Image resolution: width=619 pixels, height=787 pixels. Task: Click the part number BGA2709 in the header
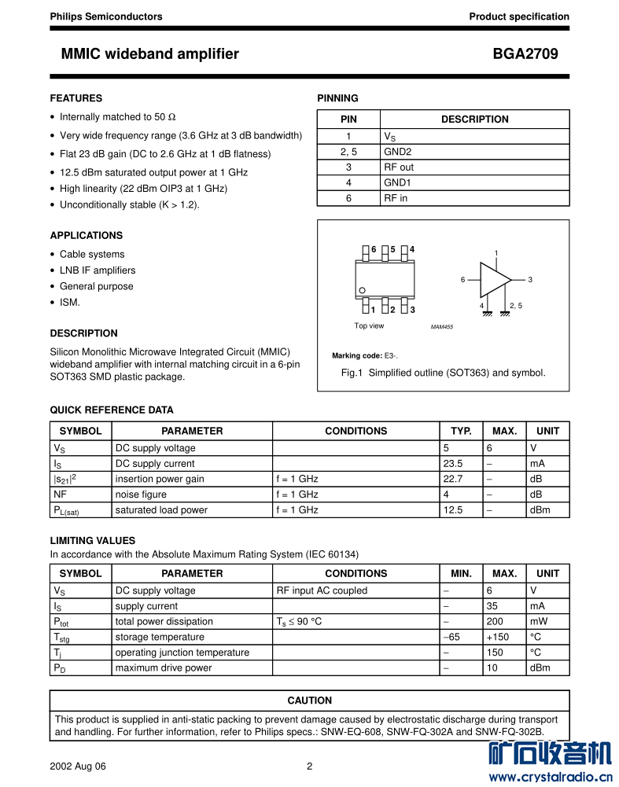point(525,54)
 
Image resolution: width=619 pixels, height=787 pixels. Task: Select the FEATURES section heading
point(76,98)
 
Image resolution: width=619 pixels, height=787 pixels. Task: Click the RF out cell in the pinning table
point(399,167)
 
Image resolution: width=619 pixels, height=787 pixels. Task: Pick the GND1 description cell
point(397,182)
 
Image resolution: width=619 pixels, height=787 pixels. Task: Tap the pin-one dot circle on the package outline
point(363,291)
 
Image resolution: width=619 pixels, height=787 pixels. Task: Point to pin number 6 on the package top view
point(374,249)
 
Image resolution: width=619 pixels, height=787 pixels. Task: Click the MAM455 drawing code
point(442,327)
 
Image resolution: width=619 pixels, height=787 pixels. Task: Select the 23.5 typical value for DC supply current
point(453,463)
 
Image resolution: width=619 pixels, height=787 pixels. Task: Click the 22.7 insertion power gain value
point(453,479)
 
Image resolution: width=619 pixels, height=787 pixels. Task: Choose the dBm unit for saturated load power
point(540,509)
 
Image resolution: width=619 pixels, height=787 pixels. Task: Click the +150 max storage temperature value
point(498,637)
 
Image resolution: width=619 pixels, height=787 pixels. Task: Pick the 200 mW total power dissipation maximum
point(495,621)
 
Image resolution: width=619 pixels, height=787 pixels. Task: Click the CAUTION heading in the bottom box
point(309,701)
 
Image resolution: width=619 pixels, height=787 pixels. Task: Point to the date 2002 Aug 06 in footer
point(77,767)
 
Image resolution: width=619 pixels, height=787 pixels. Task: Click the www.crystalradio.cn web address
point(550,778)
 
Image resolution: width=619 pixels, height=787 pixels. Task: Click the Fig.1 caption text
point(443,373)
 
